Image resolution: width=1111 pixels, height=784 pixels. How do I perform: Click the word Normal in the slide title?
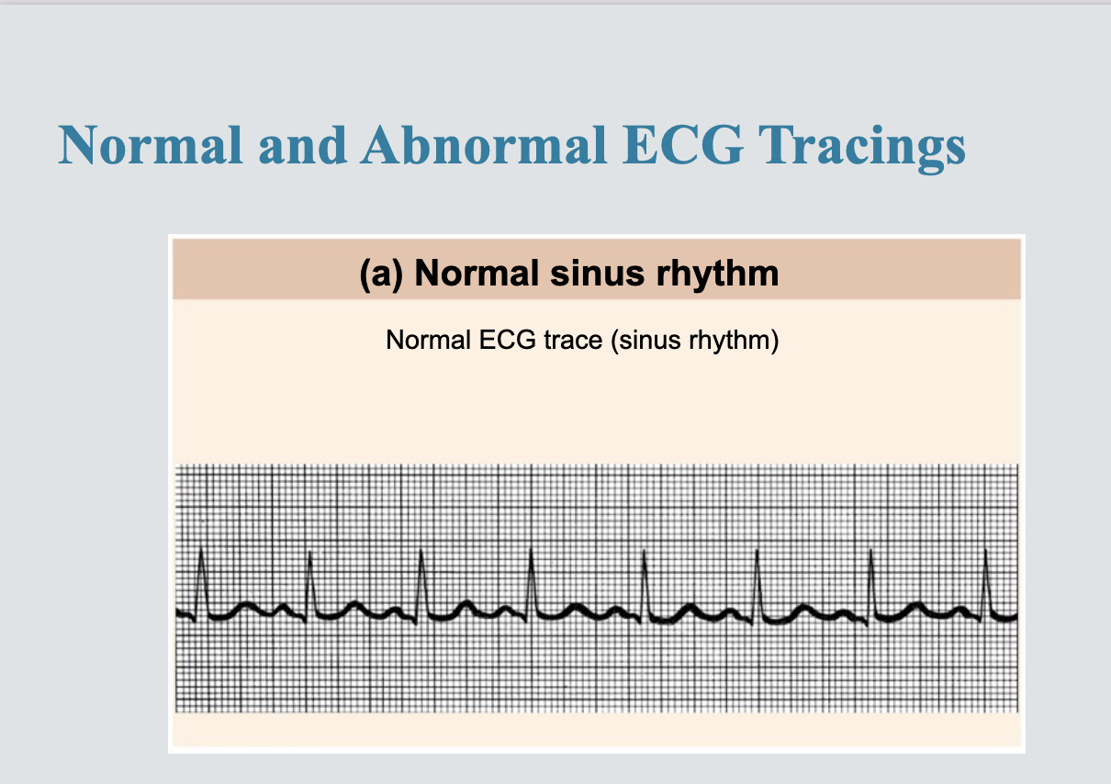pyautogui.click(x=151, y=144)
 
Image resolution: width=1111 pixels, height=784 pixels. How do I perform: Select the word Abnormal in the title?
pyautogui.click(x=484, y=144)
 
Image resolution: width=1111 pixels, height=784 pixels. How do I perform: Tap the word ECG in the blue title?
pyautogui.click(x=683, y=144)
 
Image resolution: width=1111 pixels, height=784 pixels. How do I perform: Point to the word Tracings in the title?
pyautogui.click(x=862, y=148)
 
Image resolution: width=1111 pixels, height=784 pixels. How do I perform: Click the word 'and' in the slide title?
pyautogui.click(x=303, y=144)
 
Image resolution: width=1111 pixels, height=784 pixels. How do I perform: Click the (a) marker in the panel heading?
pyautogui.click(x=381, y=274)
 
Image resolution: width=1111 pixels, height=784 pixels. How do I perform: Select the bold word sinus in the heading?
pyautogui.click(x=597, y=274)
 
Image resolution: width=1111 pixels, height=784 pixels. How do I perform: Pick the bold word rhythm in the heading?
pyautogui.click(x=717, y=274)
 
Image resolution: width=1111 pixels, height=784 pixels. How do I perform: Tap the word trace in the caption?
pyautogui.click(x=573, y=341)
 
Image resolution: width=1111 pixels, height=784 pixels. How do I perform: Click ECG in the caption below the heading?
pyautogui.click(x=508, y=341)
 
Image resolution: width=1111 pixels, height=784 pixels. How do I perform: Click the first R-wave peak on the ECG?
pyautogui.click(x=201, y=550)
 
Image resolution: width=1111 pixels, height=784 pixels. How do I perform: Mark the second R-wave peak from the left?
pyautogui.click(x=309, y=552)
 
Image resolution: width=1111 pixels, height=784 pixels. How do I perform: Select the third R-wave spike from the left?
pyautogui.click(x=421, y=551)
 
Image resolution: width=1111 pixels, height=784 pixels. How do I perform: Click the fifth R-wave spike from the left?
pyautogui.click(x=644, y=551)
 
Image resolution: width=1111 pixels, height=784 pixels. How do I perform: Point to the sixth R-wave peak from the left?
pyautogui.click(x=757, y=551)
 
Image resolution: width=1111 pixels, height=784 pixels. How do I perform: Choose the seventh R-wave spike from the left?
pyautogui.click(x=870, y=551)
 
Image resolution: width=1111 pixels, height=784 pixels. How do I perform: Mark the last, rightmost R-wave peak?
pyautogui.click(x=985, y=551)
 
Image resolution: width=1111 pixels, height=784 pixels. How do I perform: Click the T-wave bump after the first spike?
pyautogui.click(x=246, y=604)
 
